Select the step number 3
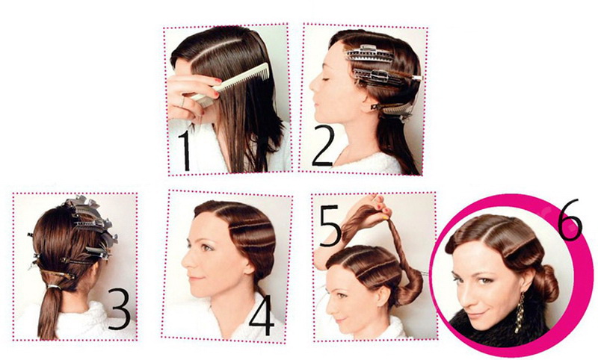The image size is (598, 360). pos(120,308)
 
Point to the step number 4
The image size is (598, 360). pos(262,315)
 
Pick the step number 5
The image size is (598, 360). pos(330,225)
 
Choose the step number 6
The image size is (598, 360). pos(570,220)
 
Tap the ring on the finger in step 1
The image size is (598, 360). pos(182,102)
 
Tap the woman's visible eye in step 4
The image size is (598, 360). pos(207,248)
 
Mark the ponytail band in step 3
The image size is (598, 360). pos(54,288)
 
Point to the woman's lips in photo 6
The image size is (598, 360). pos(479,315)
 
